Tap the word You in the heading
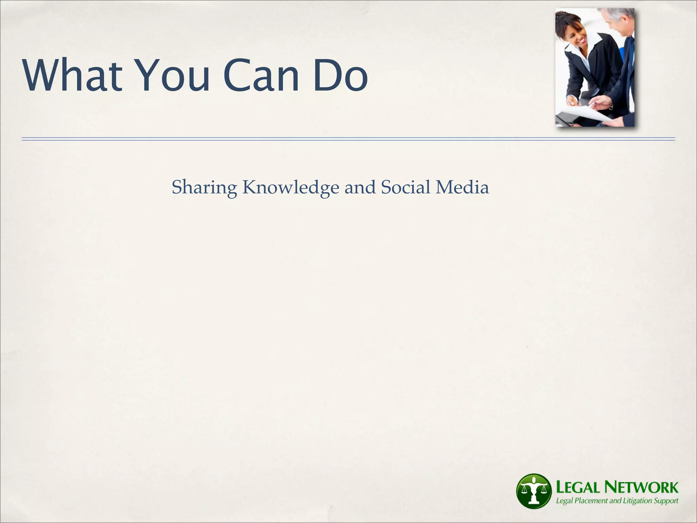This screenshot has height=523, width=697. click(x=174, y=75)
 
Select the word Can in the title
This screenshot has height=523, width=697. click(x=261, y=75)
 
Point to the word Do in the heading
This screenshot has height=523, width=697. click(x=340, y=75)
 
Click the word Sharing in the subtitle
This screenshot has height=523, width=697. click(x=204, y=188)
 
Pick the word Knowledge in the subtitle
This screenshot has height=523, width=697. click(x=291, y=188)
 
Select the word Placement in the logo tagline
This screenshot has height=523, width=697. click(x=591, y=501)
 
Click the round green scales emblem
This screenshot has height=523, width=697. click(x=533, y=491)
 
